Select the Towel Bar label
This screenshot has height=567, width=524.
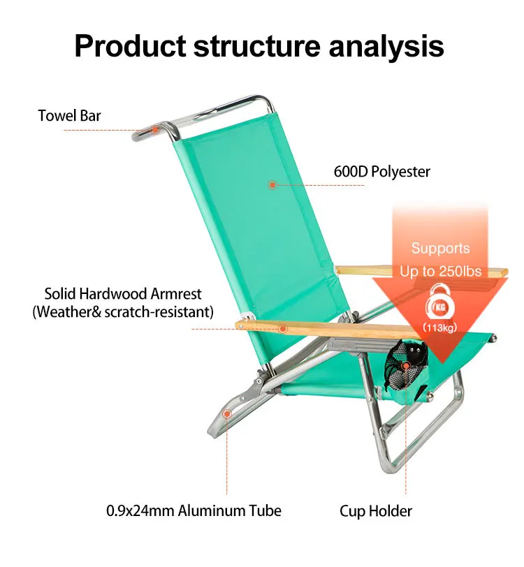tap(69, 115)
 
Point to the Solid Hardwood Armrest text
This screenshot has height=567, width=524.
tap(122, 293)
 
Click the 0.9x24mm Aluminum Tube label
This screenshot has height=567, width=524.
tap(194, 510)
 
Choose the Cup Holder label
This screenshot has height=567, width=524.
tap(376, 511)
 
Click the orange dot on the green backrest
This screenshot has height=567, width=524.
tap(272, 184)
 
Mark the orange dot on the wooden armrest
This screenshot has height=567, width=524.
tap(282, 328)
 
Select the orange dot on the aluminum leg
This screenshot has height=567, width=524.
tap(226, 414)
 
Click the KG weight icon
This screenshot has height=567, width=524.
tap(440, 308)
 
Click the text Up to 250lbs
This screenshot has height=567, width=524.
tap(440, 271)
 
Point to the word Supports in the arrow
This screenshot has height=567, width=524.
tap(440, 249)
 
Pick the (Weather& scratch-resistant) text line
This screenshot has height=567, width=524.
tap(123, 312)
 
